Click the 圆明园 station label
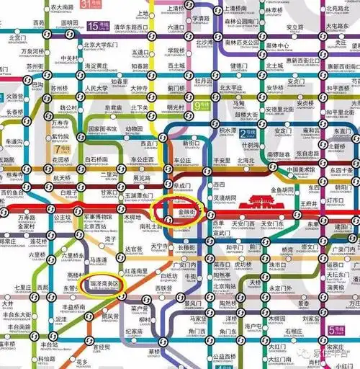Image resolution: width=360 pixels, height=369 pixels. point(68,23)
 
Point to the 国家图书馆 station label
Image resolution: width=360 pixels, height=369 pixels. point(102,130)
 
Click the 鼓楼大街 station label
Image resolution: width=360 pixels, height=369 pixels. point(246,114)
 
